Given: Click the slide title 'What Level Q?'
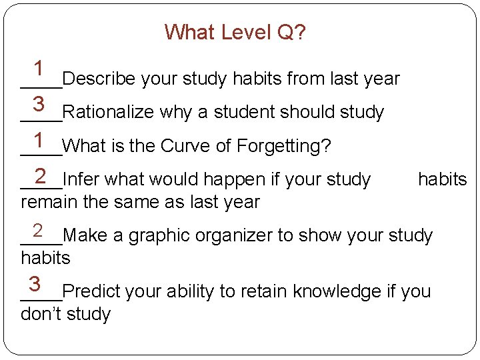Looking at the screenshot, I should pos(235,32).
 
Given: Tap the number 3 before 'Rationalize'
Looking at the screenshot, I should pos(39,103).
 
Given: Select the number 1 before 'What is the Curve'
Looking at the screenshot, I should pos(39,139).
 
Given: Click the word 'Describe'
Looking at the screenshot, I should pos(99,79).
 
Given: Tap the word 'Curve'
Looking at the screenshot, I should pos(184,145).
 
